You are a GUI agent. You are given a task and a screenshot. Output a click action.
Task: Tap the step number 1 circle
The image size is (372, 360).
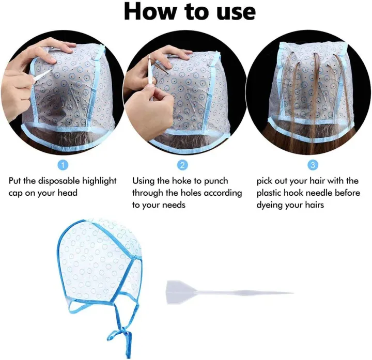tap(63, 165)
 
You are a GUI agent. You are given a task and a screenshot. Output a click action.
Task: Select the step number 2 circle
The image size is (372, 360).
tap(182, 165)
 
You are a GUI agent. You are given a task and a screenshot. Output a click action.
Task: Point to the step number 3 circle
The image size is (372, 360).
tap(312, 165)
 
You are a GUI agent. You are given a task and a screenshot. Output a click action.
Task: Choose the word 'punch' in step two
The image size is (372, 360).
tap(230, 181)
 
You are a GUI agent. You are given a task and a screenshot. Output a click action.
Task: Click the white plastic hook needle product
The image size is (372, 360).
tap(227, 292)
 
